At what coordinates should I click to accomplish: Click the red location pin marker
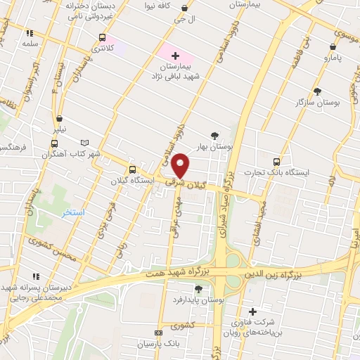(181, 165)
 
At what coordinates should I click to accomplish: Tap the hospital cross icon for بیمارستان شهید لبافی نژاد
(175, 54)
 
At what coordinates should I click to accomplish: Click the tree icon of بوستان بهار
(214, 136)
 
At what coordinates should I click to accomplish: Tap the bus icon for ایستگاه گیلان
(132, 169)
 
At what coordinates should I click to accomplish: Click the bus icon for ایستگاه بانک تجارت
(276, 160)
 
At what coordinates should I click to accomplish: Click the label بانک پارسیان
(186, 344)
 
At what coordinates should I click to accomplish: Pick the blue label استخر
(72, 212)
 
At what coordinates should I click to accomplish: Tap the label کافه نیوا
(159, 6)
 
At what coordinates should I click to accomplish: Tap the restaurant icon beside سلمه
(30, 32)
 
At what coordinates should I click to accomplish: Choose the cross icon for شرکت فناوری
(253, 311)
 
